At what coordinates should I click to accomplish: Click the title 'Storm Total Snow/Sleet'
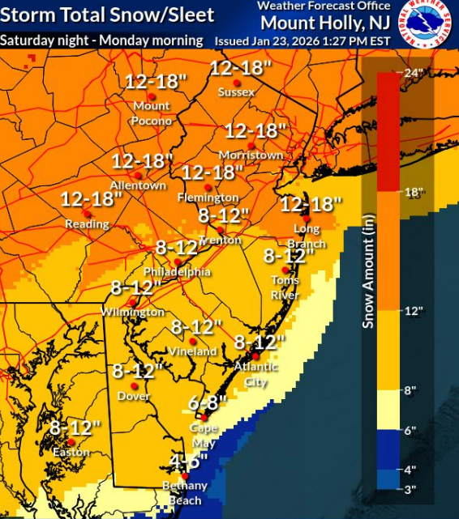108,15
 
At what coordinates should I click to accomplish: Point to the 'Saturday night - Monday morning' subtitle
102,40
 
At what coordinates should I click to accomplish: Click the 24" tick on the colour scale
411,72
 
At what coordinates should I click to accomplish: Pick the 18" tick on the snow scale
414,192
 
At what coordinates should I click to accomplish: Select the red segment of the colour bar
388,130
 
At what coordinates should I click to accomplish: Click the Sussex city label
236,92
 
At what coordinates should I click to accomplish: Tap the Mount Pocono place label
152,113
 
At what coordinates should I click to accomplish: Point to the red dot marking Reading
87,213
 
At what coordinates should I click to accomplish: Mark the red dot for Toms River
285,270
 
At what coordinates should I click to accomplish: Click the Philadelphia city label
177,272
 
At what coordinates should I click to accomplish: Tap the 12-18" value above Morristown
255,130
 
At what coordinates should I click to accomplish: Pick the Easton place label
71,452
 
